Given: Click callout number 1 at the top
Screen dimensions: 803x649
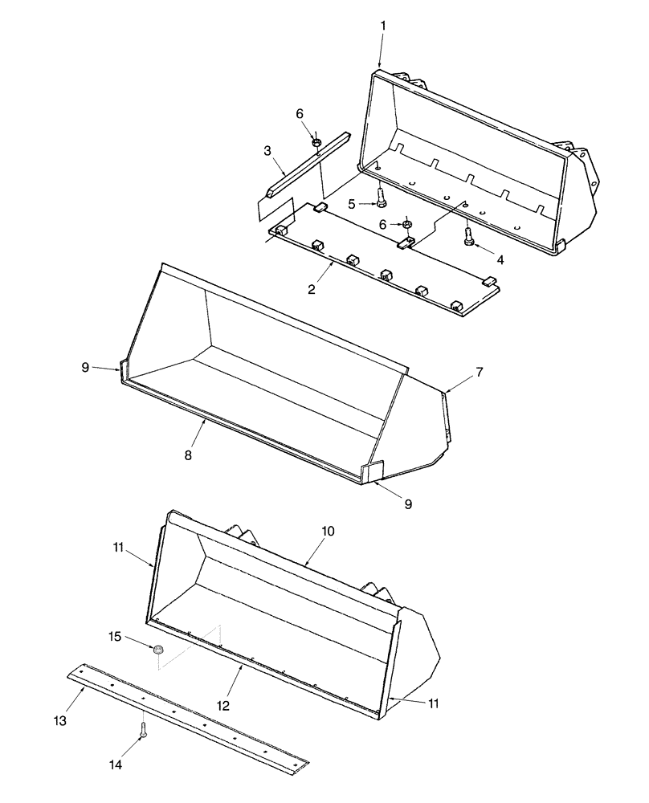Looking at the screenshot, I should pos(382,26).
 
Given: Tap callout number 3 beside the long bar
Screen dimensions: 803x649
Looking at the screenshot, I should pos(267,149).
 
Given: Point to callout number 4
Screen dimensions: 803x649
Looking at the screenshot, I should pos(501,259).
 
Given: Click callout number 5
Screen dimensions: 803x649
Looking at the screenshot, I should pos(352,204).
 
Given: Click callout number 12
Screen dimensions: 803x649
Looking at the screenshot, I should pos(222,705).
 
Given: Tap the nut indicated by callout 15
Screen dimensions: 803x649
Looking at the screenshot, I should pos(159,649).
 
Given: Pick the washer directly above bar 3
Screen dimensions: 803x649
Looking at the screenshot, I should pos(317,143).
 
